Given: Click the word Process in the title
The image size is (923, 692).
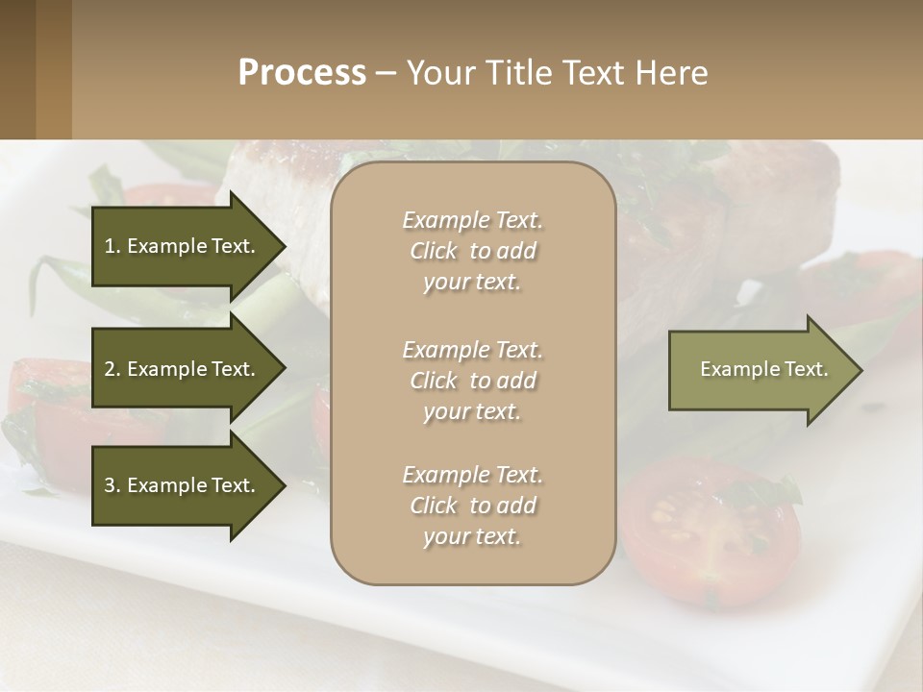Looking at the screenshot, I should tap(302, 73).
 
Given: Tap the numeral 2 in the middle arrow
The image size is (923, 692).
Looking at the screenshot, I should tap(110, 369).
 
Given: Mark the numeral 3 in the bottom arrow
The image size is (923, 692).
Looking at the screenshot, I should tap(110, 485).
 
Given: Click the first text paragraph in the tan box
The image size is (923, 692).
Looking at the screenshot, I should tap(472, 250).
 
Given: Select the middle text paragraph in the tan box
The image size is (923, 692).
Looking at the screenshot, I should tap(472, 380).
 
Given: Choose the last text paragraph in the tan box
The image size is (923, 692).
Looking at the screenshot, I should tap(472, 505).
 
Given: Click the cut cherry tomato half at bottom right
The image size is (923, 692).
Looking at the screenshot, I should tap(712, 529).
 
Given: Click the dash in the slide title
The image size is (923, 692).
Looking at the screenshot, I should tap(386, 73).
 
